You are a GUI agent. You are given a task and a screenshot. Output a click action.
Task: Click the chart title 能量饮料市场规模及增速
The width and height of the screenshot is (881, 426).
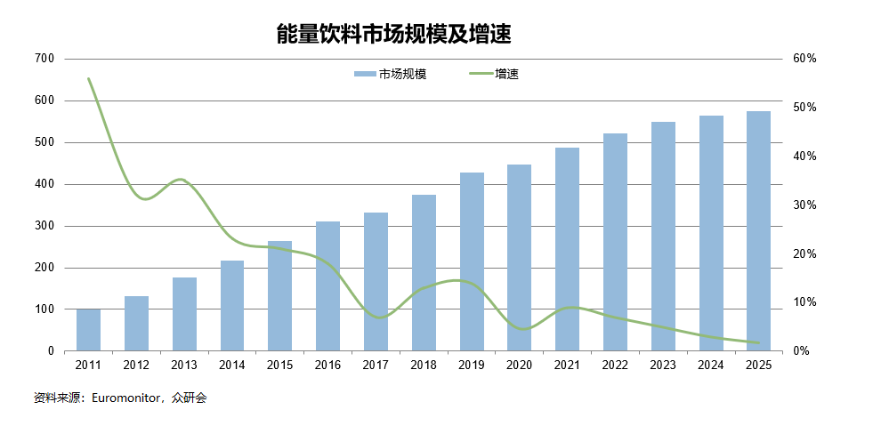[393, 35]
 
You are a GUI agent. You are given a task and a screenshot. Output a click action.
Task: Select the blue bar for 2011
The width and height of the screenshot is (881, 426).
[88, 330]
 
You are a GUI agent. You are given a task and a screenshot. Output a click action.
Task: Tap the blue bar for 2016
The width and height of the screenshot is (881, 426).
[327, 286]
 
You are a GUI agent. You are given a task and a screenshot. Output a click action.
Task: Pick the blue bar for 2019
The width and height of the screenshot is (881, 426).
[472, 261]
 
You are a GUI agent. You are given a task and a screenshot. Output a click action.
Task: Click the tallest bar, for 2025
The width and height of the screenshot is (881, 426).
[758, 231]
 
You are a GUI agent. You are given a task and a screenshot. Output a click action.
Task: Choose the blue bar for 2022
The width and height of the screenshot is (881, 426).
[615, 242]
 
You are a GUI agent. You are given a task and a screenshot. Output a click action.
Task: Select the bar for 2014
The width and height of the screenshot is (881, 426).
[232, 306]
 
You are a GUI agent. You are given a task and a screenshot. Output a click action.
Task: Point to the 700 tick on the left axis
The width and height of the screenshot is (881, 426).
[44, 59]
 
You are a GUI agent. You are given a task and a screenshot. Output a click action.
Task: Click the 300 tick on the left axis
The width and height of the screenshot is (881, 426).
[44, 226]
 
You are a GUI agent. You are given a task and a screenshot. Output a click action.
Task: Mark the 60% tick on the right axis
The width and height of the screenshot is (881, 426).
[804, 59]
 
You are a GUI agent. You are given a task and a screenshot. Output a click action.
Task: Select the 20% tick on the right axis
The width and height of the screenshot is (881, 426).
[804, 254]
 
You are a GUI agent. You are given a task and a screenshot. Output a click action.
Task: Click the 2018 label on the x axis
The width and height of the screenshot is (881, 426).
[424, 365]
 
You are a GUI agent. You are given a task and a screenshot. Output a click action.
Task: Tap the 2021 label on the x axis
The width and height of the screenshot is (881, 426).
[567, 365]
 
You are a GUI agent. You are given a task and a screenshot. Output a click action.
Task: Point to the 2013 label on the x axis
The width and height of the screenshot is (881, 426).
[184, 365]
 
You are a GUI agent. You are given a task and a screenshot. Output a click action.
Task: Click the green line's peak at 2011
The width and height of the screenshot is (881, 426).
[88, 78]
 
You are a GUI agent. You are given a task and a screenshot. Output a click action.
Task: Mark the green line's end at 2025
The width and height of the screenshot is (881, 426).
[758, 342]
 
